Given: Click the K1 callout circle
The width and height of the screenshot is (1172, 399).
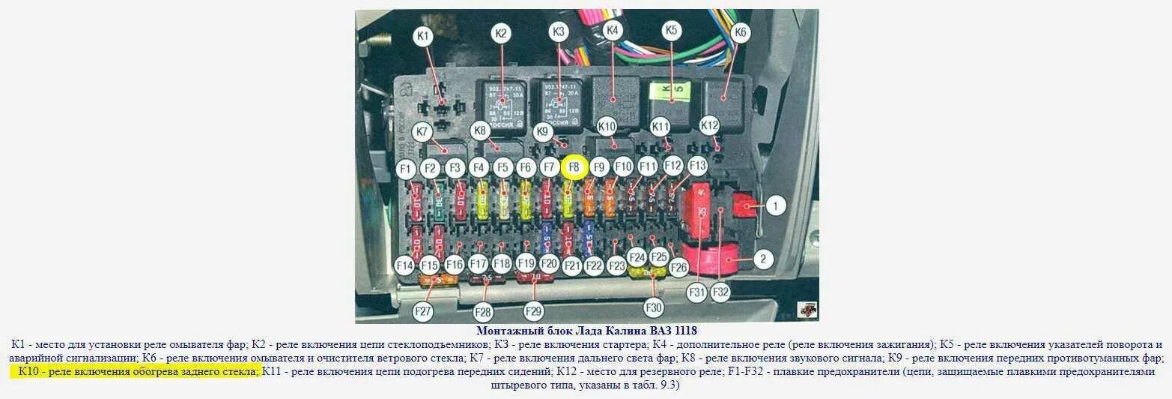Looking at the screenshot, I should tap(423, 35).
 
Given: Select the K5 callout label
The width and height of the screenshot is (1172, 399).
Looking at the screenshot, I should tap(671, 31).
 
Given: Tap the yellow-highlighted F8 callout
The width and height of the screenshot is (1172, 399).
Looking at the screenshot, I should tap(574, 168).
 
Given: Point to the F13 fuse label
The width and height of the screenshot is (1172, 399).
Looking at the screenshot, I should tap(697, 165).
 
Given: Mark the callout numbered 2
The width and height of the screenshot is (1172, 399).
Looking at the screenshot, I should tap(762, 259).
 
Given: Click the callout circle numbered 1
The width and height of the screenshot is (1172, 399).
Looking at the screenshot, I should tap(776, 205).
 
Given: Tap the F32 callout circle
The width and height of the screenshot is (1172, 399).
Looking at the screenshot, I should tap(720, 292).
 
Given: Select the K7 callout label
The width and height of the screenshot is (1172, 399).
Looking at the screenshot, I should tap(424, 131).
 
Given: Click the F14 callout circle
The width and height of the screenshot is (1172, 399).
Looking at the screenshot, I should tap(405, 265).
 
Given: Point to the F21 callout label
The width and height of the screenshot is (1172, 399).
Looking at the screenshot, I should tap(572, 265).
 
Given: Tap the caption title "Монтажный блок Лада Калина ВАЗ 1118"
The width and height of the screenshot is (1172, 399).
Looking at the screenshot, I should tap(586, 331).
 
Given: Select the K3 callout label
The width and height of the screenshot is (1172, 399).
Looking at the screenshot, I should tap(559, 32).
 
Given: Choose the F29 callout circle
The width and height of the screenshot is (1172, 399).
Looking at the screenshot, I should tap(533, 311).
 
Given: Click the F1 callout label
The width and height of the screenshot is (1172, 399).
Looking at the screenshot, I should tap(405, 169).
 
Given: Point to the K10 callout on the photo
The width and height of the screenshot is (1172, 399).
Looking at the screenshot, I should tap(607, 126).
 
